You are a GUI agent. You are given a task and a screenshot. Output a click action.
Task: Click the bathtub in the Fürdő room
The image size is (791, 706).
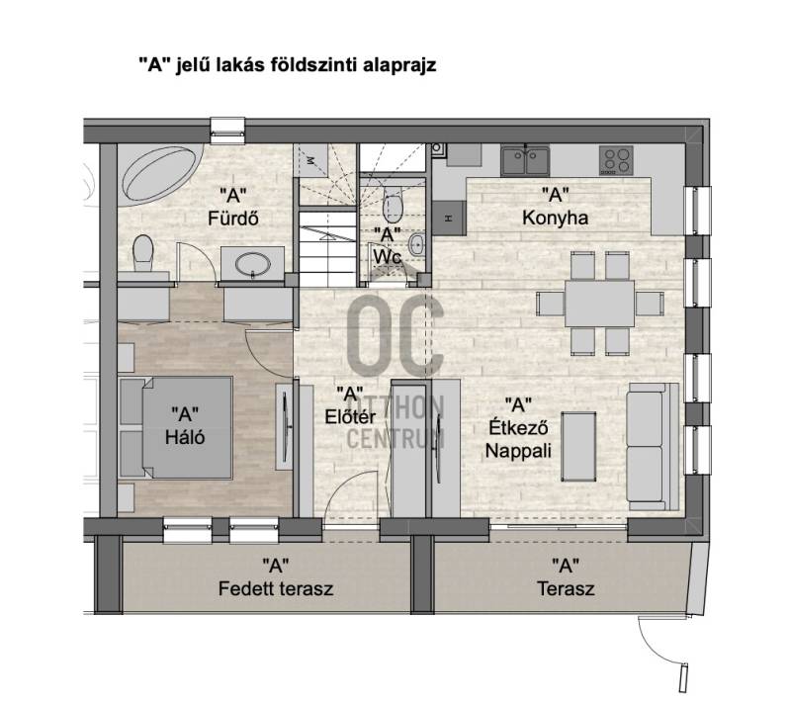pyautogui.click(x=160, y=173)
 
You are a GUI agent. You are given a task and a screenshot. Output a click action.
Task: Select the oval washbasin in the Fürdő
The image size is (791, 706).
pyautogui.click(x=252, y=264)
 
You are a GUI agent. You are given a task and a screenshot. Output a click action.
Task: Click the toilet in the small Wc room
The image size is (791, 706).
pyautogui.click(x=393, y=205)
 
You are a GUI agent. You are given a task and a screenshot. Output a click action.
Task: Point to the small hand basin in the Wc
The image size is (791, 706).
pyautogui.click(x=416, y=245)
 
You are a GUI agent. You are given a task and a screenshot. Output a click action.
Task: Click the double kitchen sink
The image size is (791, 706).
pyautogui.click(x=525, y=160)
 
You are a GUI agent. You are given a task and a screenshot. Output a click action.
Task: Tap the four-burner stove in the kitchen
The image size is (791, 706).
pyautogui.click(x=616, y=160)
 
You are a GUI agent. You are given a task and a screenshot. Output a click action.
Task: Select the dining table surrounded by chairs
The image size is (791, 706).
pyautogui.click(x=599, y=304)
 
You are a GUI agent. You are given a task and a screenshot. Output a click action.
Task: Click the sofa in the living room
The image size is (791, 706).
pyautogui.click(x=653, y=447)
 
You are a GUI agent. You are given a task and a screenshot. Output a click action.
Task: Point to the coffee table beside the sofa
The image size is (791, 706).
pyautogui.click(x=578, y=447)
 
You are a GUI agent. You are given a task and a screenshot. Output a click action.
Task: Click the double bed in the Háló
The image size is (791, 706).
pyautogui.click(x=176, y=427)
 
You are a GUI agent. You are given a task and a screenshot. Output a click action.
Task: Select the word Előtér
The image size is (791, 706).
pyautogui.click(x=350, y=417)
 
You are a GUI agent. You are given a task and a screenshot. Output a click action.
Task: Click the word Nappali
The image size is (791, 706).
pyautogui.click(x=518, y=451)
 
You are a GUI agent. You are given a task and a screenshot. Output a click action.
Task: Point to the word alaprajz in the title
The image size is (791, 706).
pyautogui.click(x=399, y=65)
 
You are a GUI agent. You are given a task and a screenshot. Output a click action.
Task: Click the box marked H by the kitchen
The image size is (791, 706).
pyautogui.click(x=449, y=218)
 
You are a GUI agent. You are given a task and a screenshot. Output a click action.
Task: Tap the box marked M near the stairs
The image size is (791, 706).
pyautogui.click(x=310, y=160)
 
